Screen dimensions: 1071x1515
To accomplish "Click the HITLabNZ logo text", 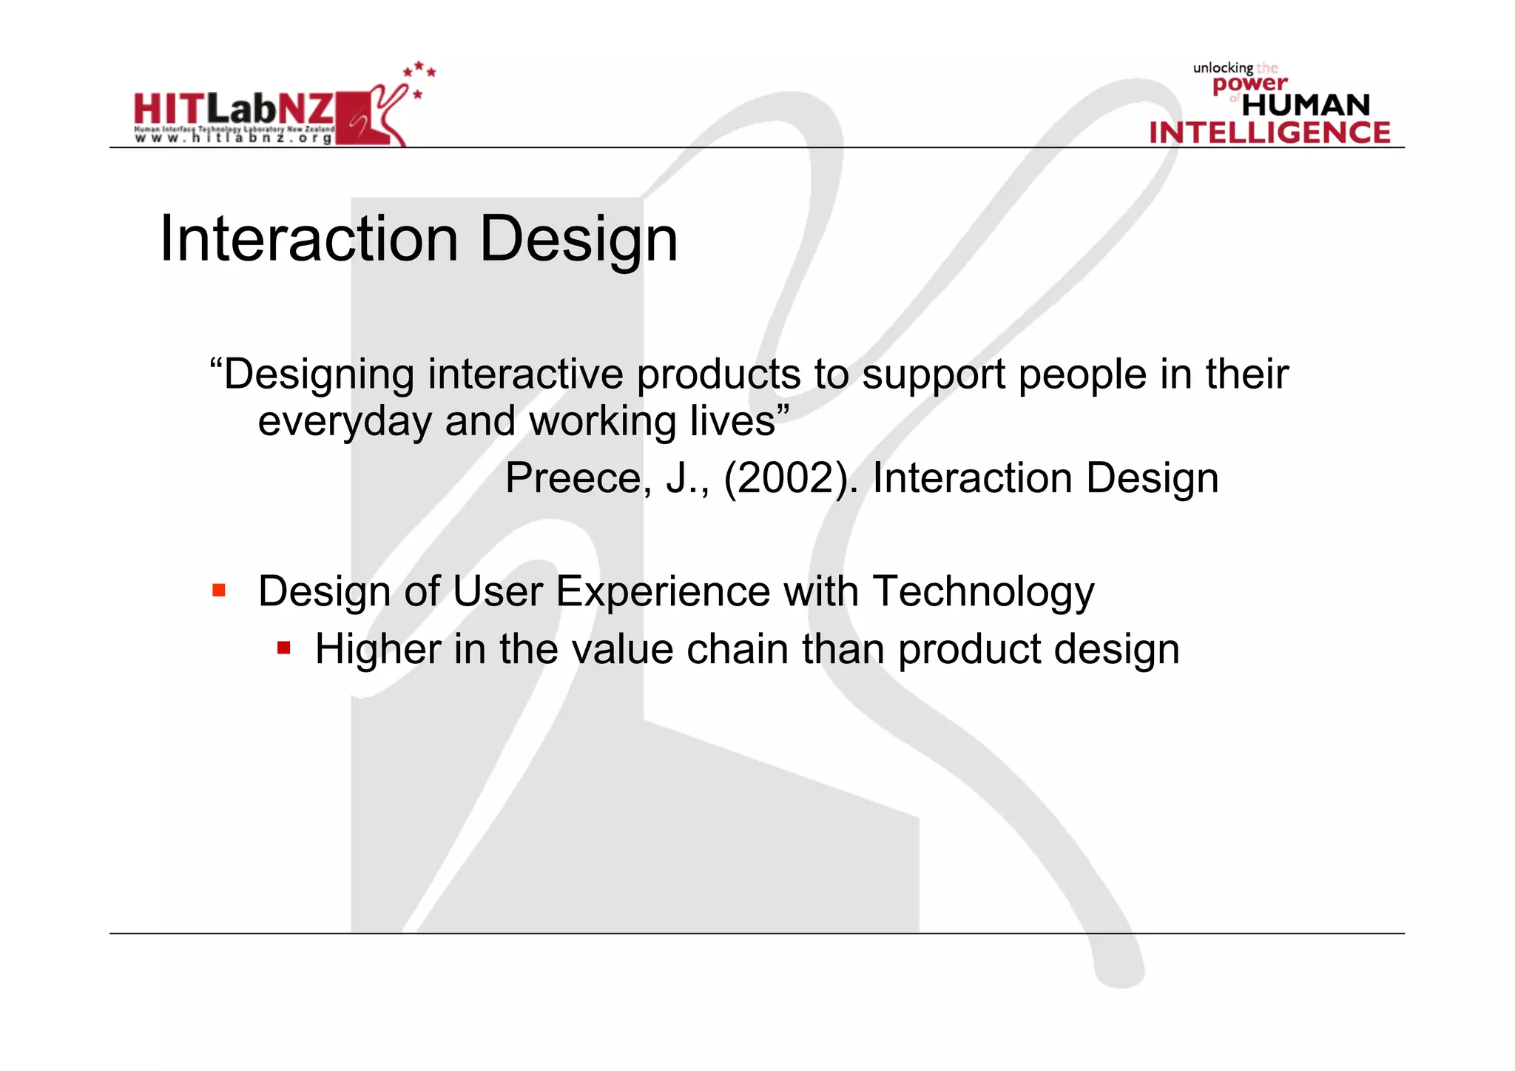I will pos(233,109).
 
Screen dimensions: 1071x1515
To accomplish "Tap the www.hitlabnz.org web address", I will pos(233,138).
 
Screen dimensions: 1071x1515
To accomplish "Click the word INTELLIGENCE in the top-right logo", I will pos(1269,132).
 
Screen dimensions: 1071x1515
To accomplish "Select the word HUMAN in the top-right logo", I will pos(1306,105).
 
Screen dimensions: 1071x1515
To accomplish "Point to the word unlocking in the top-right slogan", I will pos(1222,68).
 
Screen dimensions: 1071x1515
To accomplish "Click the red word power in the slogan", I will pos(1249,84).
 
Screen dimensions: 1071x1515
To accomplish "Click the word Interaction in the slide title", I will pos(308,239).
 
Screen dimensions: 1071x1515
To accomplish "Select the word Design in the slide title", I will pos(578,239).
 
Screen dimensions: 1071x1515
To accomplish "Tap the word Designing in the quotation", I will pos(319,375).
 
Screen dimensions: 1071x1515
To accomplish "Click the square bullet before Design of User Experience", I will pos(219,591).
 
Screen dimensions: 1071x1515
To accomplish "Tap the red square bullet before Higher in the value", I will pos(283,648).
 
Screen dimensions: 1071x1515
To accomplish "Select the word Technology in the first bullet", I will pos(983,592).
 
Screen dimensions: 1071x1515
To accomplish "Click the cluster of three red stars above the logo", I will pos(419,70).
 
